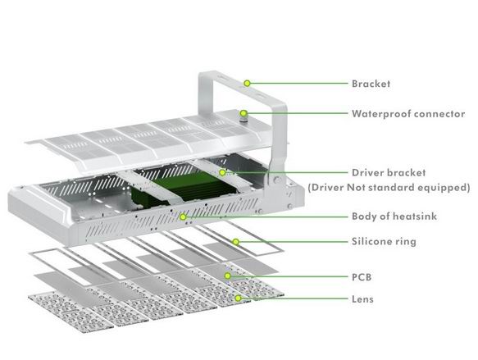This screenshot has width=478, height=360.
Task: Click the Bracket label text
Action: coord(371,84)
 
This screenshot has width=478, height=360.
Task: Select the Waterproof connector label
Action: coord(408,114)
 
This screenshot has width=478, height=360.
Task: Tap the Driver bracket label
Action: coord(389,172)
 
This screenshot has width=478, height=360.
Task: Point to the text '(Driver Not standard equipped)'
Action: coord(389,187)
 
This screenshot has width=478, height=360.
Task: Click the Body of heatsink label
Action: coord(394,216)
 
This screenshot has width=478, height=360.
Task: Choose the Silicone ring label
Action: coord(384,241)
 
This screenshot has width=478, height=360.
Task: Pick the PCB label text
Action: coord(362,277)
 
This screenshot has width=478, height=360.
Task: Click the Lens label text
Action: coord(362,299)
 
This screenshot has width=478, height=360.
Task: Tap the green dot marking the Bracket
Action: coord(248,83)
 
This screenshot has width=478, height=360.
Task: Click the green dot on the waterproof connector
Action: coord(244,113)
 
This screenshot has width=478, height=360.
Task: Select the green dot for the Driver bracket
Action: coord(222,172)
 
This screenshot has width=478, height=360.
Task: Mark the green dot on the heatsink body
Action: coord(183,217)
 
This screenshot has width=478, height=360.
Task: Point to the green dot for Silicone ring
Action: coord(235,242)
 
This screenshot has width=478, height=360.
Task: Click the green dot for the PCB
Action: coord(227,276)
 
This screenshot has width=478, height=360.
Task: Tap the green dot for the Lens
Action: coord(238,298)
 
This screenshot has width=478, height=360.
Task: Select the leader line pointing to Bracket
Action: coord(298,83)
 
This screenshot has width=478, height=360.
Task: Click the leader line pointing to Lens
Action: coord(294,298)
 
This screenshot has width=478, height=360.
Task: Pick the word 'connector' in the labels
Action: coord(439,114)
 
